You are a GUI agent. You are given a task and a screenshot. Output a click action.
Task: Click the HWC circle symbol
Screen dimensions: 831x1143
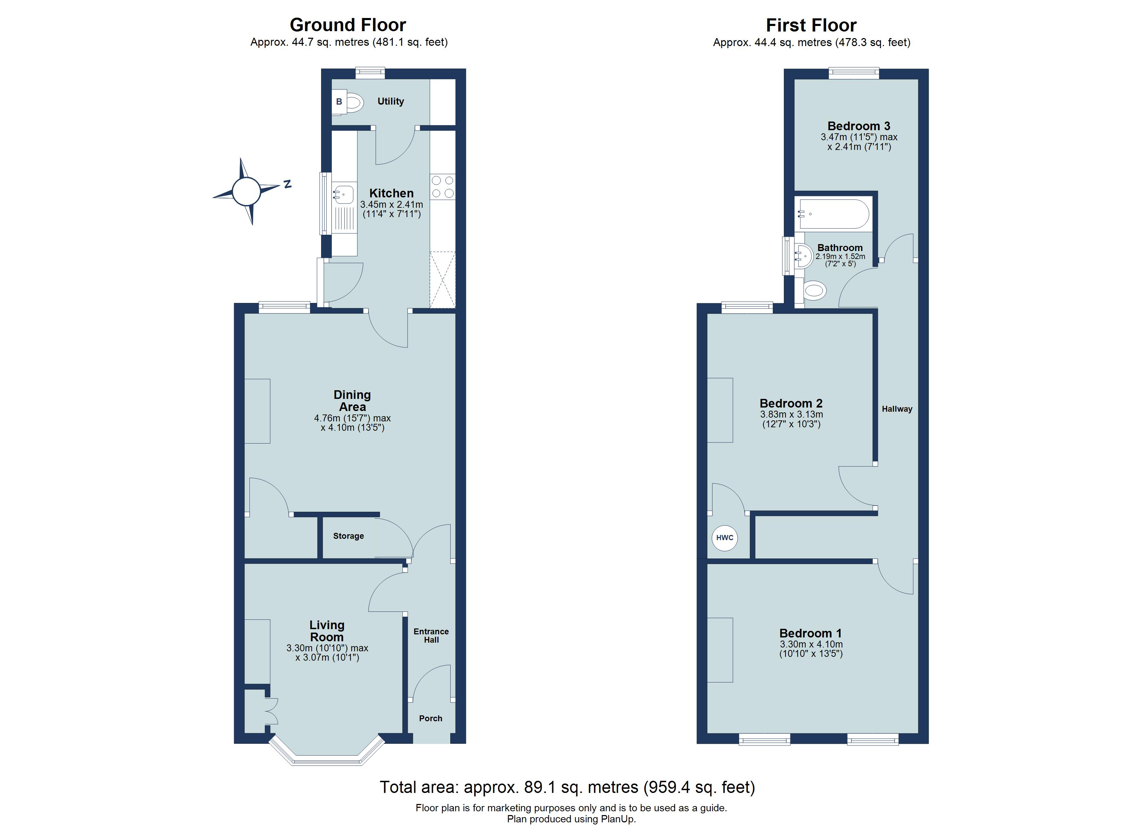pyautogui.click(x=724, y=538)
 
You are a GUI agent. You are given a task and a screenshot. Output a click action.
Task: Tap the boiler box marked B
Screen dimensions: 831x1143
pyautogui.click(x=339, y=102)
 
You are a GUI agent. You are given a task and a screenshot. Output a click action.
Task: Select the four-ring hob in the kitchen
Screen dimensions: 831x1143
pyautogui.click(x=443, y=187)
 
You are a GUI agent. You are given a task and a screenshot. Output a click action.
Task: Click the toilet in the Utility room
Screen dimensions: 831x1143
pyautogui.click(x=355, y=103)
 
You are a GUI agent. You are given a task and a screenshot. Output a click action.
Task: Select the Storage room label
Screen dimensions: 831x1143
pyautogui.click(x=348, y=536)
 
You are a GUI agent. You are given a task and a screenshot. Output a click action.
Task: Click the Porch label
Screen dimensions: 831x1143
pyautogui.click(x=431, y=718)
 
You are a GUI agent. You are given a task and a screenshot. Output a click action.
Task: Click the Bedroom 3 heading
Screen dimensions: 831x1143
pyautogui.click(x=859, y=126)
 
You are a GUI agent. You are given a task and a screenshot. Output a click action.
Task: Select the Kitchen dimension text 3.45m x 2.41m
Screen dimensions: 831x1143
pyautogui.click(x=392, y=205)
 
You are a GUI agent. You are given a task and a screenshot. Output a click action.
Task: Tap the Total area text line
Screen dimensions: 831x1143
pyautogui.click(x=567, y=787)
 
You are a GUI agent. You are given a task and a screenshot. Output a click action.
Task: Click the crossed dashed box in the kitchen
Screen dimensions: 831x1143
pyautogui.click(x=443, y=280)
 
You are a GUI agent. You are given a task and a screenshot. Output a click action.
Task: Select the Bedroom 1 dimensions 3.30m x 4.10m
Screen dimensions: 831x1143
pyautogui.click(x=811, y=644)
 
